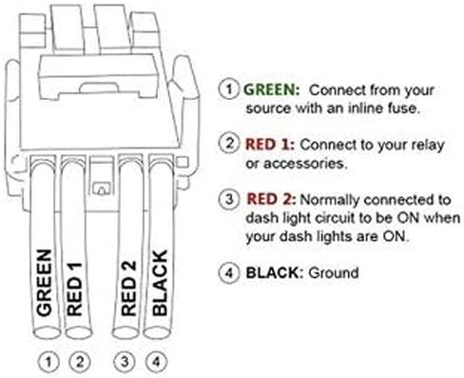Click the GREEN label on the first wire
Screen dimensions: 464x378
(x=44, y=283)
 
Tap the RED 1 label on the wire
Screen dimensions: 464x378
(x=74, y=288)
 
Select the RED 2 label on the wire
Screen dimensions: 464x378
(x=128, y=288)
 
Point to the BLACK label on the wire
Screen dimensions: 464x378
(x=160, y=283)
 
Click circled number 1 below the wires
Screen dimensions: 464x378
(x=48, y=362)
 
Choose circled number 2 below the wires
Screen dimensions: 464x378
(x=80, y=362)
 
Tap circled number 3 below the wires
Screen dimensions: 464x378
(x=125, y=362)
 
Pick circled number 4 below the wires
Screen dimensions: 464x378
(x=156, y=362)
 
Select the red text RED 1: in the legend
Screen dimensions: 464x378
(x=270, y=145)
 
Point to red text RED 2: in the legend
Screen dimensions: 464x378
(x=271, y=199)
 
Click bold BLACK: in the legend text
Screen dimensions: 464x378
(x=275, y=272)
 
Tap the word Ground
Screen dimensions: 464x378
(x=334, y=273)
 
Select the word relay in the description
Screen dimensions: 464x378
(x=428, y=146)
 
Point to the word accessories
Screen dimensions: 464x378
(x=304, y=164)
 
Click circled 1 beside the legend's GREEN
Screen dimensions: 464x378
(x=228, y=90)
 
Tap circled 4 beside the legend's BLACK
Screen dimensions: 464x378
(x=229, y=273)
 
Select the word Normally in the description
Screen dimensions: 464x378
(x=330, y=200)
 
